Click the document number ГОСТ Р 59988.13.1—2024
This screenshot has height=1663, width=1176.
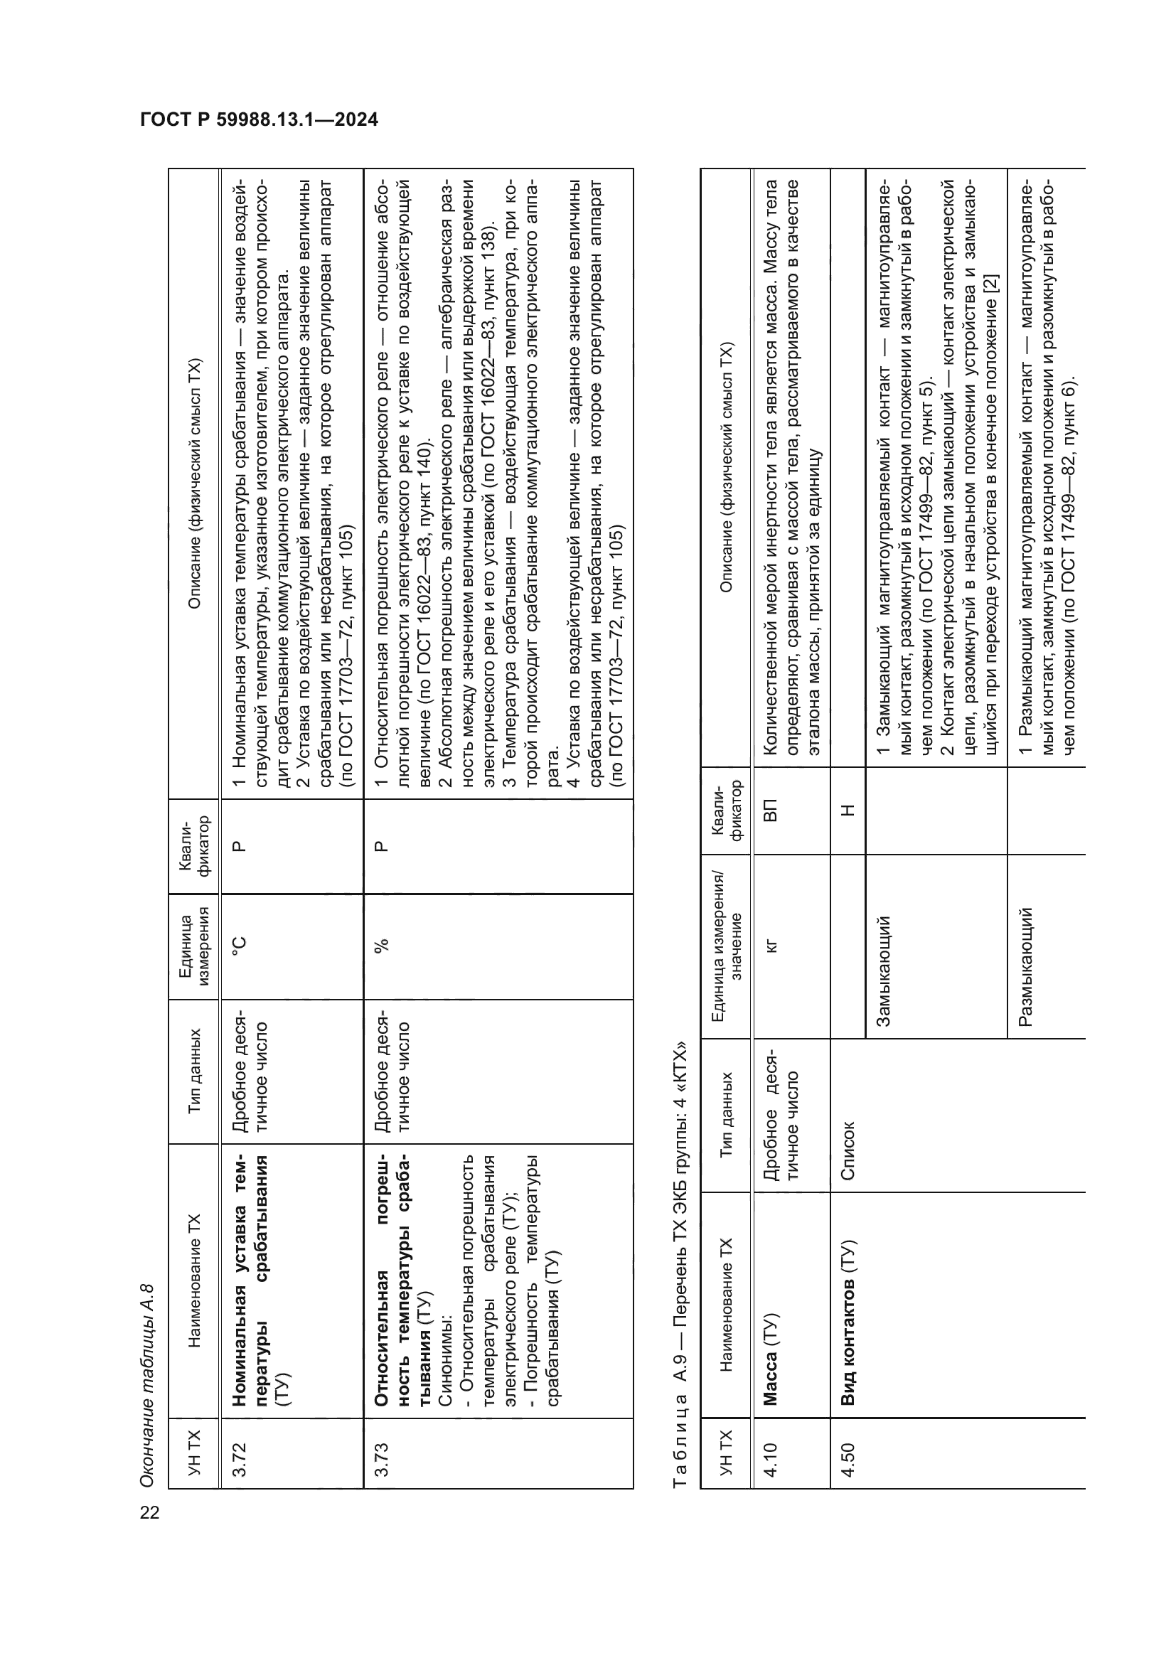260,119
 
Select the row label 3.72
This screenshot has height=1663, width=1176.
240,1460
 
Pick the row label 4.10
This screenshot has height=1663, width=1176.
770,1460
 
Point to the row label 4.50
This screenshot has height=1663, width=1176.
848,1460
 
